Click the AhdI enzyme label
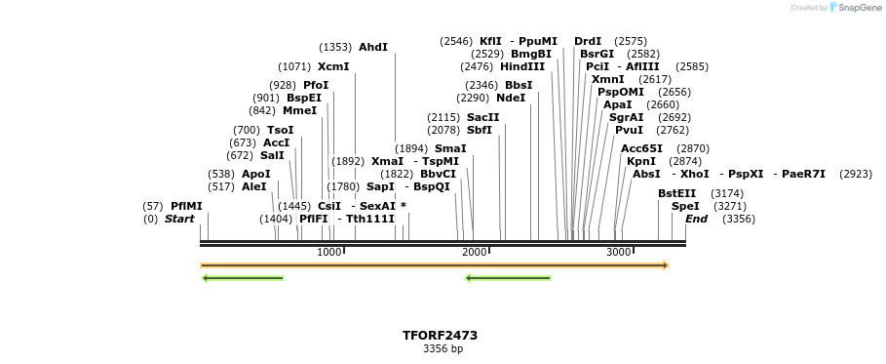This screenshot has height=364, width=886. (x=373, y=47)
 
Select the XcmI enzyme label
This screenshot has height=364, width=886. (x=333, y=66)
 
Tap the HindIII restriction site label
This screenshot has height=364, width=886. (x=522, y=66)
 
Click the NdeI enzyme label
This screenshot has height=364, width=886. (x=511, y=98)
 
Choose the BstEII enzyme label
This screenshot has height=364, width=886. (x=677, y=193)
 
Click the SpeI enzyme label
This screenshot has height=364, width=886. (x=685, y=206)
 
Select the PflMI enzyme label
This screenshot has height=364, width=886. (x=186, y=206)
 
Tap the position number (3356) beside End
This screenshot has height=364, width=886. (x=739, y=219)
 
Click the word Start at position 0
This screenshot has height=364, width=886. (x=179, y=219)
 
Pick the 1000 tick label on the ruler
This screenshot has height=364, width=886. (x=329, y=252)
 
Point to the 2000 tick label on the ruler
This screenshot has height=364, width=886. (x=475, y=252)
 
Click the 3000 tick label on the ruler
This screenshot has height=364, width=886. (x=619, y=252)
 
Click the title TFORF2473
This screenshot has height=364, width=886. (x=440, y=335)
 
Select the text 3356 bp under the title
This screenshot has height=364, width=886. (x=443, y=348)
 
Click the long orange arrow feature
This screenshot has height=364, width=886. (x=434, y=265)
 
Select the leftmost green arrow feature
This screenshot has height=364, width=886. (x=243, y=278)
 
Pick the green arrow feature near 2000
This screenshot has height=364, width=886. (x=508, y=278)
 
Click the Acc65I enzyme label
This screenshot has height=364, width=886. (x=642, y=148)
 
